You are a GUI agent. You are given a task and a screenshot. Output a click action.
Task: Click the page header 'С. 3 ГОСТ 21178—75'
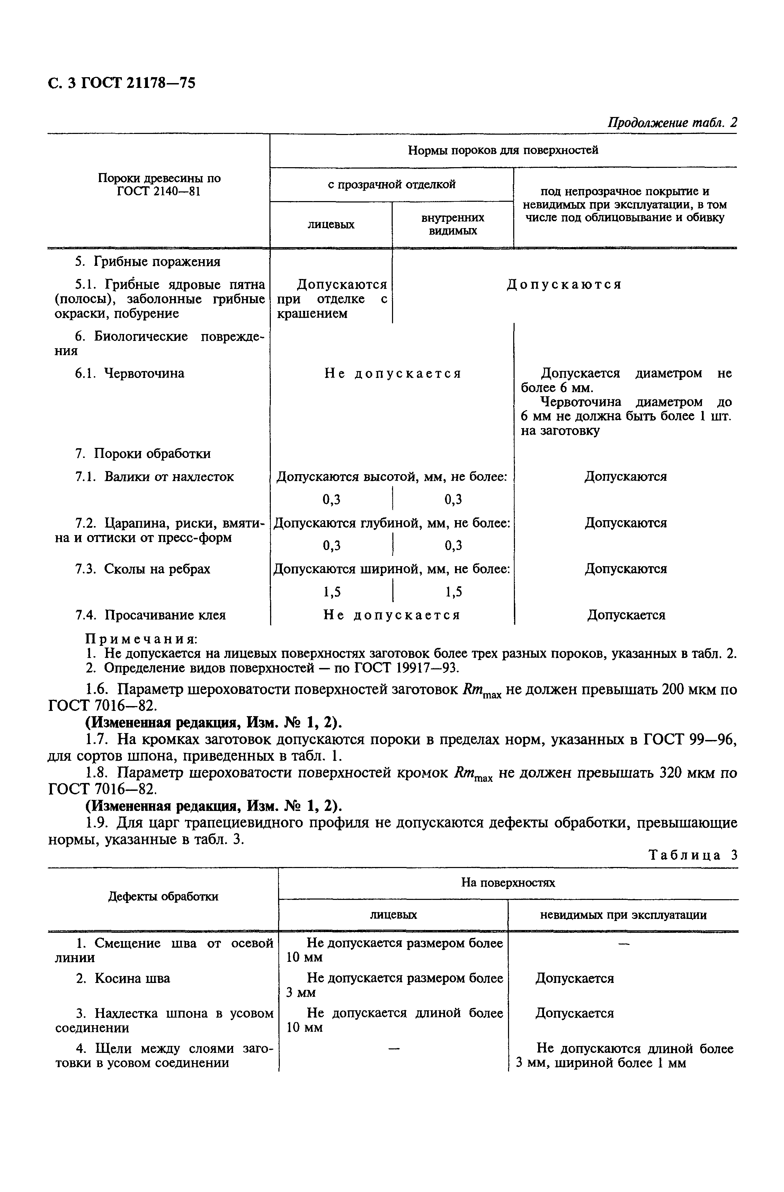tap(122, 83)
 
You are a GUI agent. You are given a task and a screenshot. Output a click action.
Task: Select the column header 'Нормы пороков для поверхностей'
tap(503, 150)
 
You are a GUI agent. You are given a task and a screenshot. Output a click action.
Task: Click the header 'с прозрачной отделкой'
tap(391, 184)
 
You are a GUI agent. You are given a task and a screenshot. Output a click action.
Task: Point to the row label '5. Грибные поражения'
tap(147, 261)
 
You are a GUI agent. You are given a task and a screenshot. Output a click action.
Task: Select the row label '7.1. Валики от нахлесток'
tap(154, 476)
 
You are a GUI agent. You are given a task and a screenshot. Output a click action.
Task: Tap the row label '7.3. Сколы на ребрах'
tap(142, 569)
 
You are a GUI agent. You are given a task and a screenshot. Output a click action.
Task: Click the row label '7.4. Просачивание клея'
tap(150, 615)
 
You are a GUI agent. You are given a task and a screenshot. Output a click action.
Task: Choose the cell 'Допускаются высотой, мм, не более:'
tap(392, 476)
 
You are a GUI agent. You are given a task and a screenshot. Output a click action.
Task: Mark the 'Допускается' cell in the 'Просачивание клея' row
tap(626, 615)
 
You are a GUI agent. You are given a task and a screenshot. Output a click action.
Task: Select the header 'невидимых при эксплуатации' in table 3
tap(623, 915)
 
